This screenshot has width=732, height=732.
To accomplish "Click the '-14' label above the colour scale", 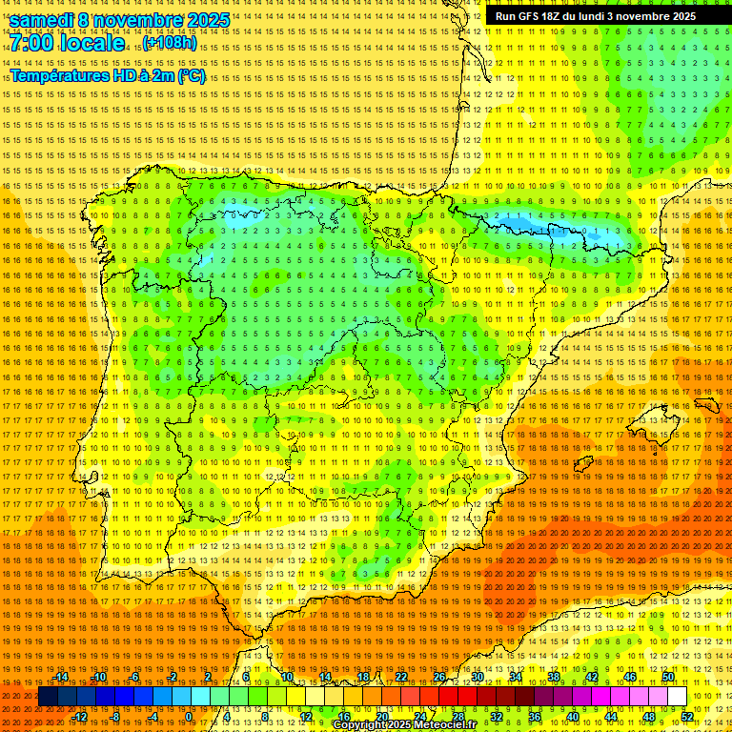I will (x=61, y=677).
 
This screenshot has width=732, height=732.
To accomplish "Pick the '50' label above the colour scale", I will (x=668, y=677).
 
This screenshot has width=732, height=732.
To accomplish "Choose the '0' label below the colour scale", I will (x=189, y=717).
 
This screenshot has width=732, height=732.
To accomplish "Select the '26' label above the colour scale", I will (x=439, y=677).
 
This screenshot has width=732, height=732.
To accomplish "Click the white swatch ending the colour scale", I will (x=678, y=697).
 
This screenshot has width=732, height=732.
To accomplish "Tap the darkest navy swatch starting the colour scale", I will (x=48, y=697).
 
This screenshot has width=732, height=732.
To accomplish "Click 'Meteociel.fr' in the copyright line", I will (x=445, y=725).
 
